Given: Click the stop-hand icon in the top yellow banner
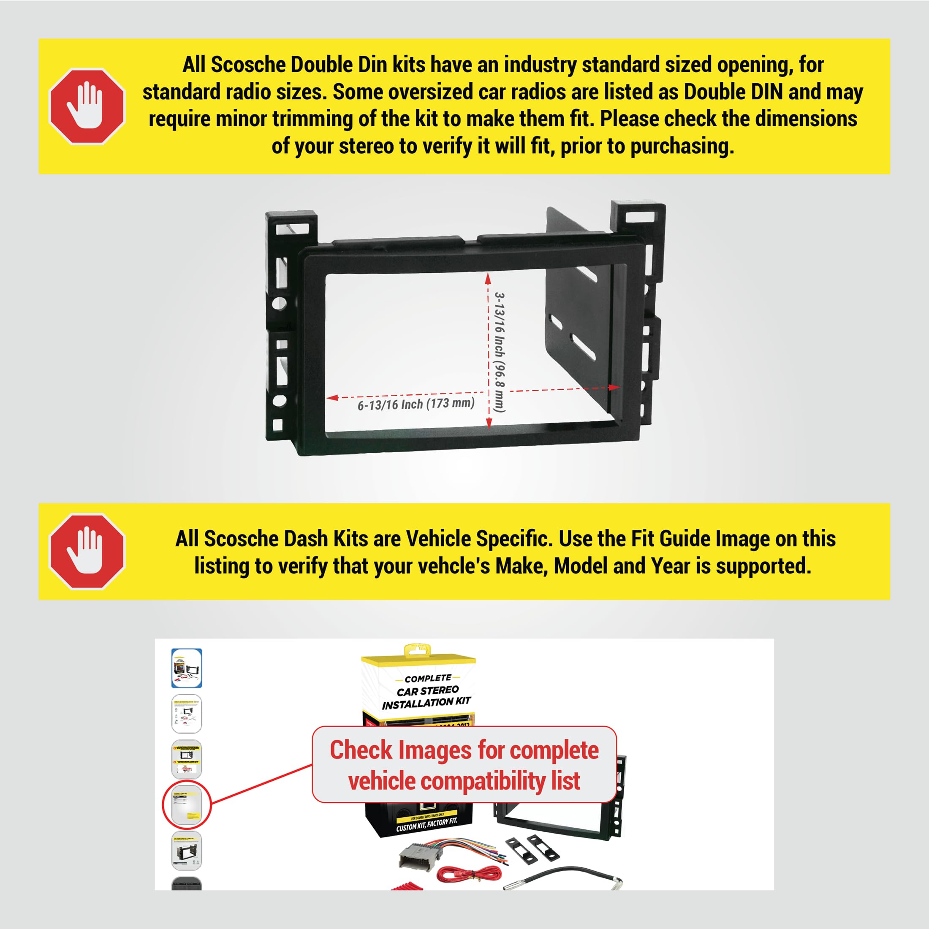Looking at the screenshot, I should [x=87, y=106].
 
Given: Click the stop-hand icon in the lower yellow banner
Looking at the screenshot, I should [x=87, y=551].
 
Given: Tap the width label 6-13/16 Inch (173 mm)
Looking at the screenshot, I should [x=416, y=404].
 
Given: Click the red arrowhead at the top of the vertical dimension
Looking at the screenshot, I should [x=488, y=279].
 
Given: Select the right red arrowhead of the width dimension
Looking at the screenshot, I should [x=614, y=387].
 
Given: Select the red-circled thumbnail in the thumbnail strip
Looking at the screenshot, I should [x=187, y=804].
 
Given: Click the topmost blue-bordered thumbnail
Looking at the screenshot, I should [x=187, y=668].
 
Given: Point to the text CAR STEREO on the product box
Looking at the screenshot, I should [x=427, y=691].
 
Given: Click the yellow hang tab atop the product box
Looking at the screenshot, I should [x=417, y=650].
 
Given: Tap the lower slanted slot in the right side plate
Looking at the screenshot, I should [x=584, y=347].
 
